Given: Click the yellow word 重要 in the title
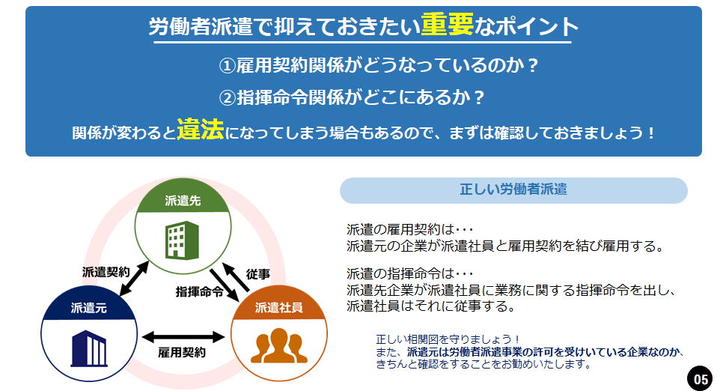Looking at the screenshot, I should click(447, 25).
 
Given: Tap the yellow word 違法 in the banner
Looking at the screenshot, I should click(201, 130).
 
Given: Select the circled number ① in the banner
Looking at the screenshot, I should click(227, 66).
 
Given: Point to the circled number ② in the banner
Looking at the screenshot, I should click(227, 97).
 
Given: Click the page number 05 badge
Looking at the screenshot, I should click(701, 378).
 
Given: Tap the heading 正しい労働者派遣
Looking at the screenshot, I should click(513, 190).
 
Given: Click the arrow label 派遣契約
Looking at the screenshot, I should click(107, 271).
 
